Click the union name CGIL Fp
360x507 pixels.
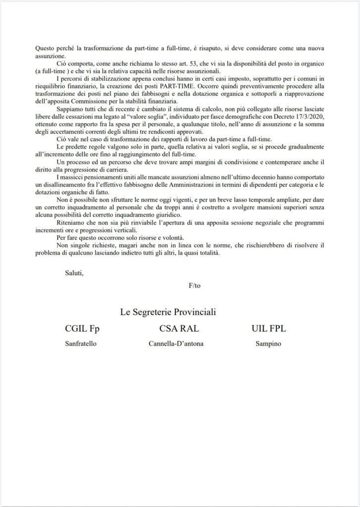(86, 328)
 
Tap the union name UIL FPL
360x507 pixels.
(269, 328)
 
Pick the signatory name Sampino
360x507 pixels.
(268, 344)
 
